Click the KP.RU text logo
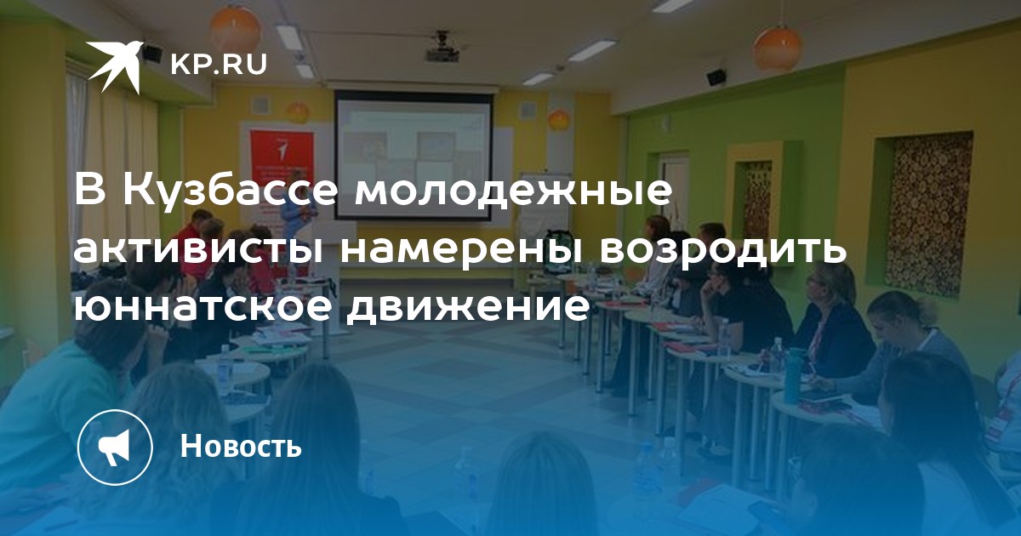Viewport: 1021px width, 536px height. tap(219, 66)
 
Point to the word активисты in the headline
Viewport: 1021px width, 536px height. tap(199, 250)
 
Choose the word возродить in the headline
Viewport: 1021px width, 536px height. tap(722, 251)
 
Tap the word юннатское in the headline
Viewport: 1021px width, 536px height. tap(202, 308)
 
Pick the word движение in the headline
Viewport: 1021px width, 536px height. tap(467, 309)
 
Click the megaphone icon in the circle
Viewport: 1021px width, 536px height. tap(115, 447)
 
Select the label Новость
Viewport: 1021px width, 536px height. tap(241, 445)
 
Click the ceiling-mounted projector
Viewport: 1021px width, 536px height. tap(442, 48)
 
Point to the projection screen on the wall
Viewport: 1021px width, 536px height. tap(414, 155)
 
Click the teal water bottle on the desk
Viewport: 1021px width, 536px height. tap(794, 375)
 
